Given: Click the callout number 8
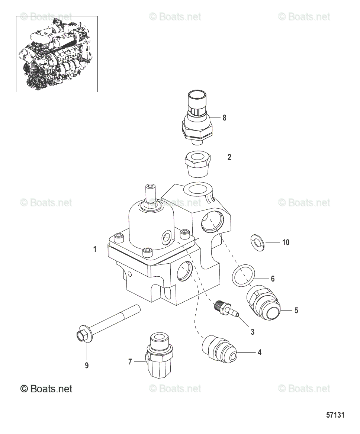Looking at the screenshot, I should [x=224, y=118].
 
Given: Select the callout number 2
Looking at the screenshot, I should [x=229, y=157].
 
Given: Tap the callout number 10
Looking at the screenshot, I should [x=286, y=242].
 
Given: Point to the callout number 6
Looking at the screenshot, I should [x=273, y=279].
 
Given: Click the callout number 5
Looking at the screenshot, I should [x=296, y=310].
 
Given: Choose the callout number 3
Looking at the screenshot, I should [x=253, y=332].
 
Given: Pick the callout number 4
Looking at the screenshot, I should [x=260, y=352].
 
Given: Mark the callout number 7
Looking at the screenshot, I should [x=130, y=361].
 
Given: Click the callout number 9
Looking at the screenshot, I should [x=87, y=366].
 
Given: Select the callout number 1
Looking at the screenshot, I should [x=95, y=249].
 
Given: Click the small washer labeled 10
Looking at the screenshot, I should [x=257, y=242].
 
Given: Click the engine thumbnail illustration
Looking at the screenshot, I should [x=57, y=54].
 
